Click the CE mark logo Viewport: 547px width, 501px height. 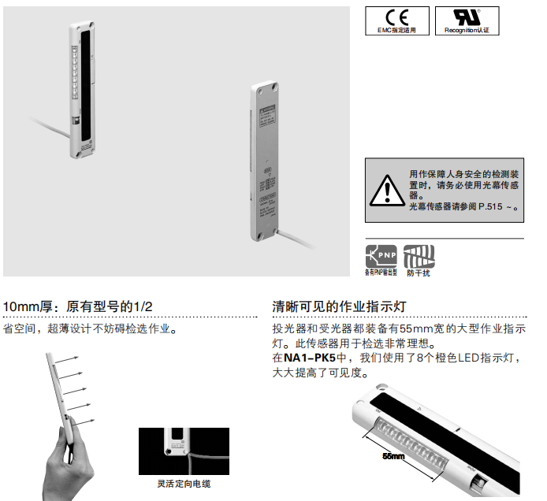pos(397,17)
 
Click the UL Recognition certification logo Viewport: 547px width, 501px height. pos(471,17)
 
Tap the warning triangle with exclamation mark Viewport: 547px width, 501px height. pos(386,190)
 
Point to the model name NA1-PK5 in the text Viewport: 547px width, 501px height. pos(310,358)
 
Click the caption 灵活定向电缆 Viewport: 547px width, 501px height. pos(184,483)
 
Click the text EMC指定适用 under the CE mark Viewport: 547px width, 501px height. pos(397,31)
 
